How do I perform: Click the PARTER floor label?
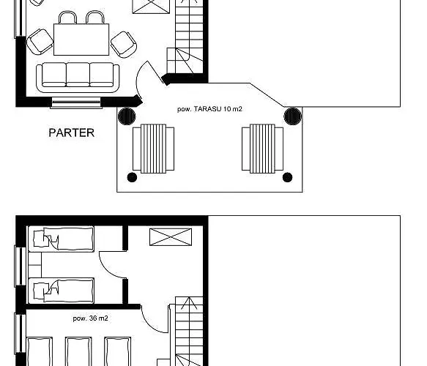[71, 132]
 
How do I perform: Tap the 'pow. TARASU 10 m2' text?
[209, 109]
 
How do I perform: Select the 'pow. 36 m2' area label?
[90, 318]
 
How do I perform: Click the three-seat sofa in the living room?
[78, 78]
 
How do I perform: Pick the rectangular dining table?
[81, 40]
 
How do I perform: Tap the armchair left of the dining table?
[40, 42]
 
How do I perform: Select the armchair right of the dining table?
[123, 45]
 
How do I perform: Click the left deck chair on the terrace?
[153, 149]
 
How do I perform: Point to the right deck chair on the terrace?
[262, 149]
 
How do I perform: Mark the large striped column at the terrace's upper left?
[127, 116]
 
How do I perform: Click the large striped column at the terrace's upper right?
[293, 116]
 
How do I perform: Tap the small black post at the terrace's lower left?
[132, 177]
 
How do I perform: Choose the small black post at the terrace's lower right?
[287, 177]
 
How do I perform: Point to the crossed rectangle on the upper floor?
[171, 237]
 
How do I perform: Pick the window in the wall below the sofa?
[76, 103]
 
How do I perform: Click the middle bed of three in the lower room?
[78, 351]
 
